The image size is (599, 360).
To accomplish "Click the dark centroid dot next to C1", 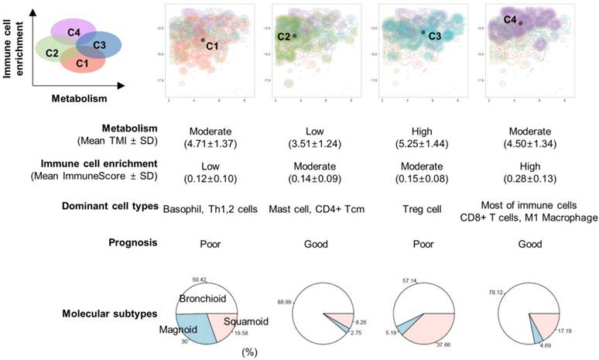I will (x=203, y=40).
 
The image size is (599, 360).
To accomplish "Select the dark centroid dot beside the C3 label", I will (x=423, y=32).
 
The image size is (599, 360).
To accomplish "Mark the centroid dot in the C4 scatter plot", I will (x=521, y=23).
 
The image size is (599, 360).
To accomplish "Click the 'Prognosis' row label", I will (x=135, y=242).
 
